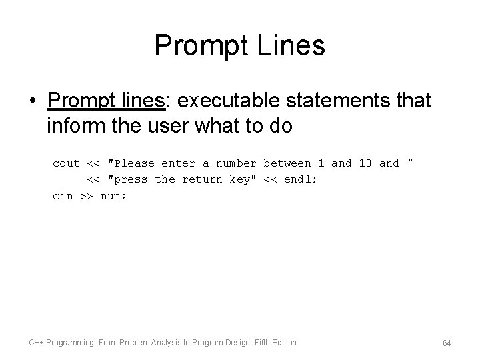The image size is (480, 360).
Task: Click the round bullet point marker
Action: coord(33,102)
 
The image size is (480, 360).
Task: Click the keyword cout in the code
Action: coord(66,163)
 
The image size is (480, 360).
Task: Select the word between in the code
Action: coord(287,163)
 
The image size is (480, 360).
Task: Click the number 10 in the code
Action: coord(365,163)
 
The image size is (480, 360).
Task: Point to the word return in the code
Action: coord(203,179)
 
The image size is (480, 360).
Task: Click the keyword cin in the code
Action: coord(63,195)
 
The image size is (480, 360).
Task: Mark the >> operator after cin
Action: coord(87,195)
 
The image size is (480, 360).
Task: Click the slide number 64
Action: coord(447,343)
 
